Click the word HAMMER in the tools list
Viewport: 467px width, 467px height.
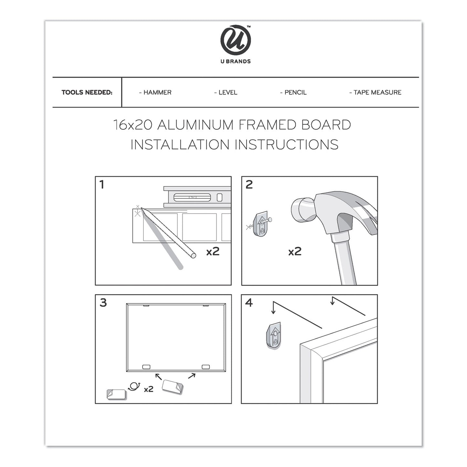[x=157, y=92]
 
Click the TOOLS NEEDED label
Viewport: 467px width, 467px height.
[x=87, y=92]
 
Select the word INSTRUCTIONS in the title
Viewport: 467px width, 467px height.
[x=286, y=144]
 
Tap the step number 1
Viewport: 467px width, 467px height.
[x=102, y=185]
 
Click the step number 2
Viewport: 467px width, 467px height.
[x=249, y=185]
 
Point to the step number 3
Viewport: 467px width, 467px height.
[x=103, y=303]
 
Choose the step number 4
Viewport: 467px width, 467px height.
[x=249, y=303]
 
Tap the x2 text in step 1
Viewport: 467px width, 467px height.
[x=213, y=251]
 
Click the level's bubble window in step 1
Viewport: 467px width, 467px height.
[x=193, y=197]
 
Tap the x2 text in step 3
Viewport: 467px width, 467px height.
[x=148, y=389]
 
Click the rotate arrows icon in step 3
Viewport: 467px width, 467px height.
[x=134, y=386]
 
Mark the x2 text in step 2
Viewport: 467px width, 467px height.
[x=295, y=251]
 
